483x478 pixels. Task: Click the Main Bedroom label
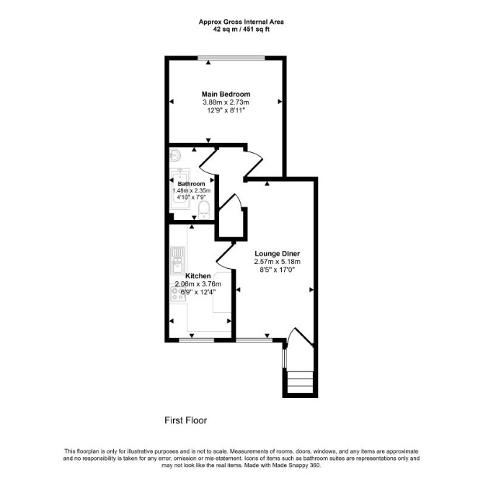tap(226, 94)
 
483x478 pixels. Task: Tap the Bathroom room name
tap(191, 184)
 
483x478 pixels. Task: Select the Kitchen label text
tap(198, 276)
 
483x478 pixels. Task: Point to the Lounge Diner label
tap(277, 254)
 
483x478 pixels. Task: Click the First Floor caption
tap(186, 420)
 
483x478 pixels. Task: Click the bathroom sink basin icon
tap(175, 155)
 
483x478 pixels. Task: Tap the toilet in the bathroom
tap(204, 210)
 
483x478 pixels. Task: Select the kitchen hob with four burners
tap(178, 294)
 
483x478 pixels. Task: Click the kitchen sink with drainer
tap(178, 260)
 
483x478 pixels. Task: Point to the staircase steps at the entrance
tap(301, 382)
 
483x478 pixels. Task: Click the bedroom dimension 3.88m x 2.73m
tap(226, 102)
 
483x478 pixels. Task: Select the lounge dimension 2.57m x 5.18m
tap(277, 262)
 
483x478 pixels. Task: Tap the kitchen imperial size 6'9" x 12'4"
tap(198, 292)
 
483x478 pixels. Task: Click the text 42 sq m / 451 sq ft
tap(241, 30)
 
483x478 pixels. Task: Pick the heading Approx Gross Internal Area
tap(241, 22)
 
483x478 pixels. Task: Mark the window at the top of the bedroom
tap(231, 58)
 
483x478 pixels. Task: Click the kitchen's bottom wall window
tap(197, 340)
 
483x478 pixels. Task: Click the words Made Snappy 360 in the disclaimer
tap(295, 465)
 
